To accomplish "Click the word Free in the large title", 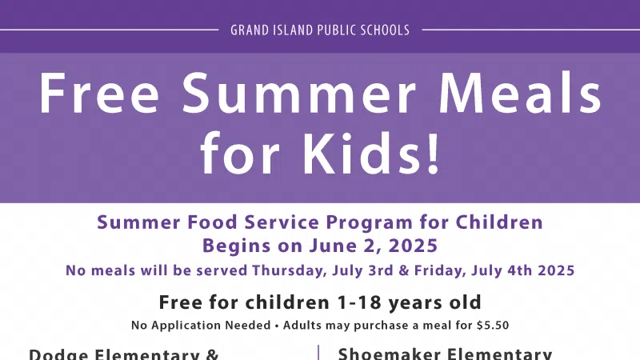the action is pos(98,93).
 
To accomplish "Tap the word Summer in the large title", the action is pos(298,93).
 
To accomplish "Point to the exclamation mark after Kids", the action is pos(432,154).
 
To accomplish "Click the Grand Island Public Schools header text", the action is pos(320,30).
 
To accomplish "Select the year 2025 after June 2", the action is pos(413,246).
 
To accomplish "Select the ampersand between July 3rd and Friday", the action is pos(403,270).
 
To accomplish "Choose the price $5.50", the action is pos(493,326).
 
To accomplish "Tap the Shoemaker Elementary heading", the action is pos(445,354).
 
